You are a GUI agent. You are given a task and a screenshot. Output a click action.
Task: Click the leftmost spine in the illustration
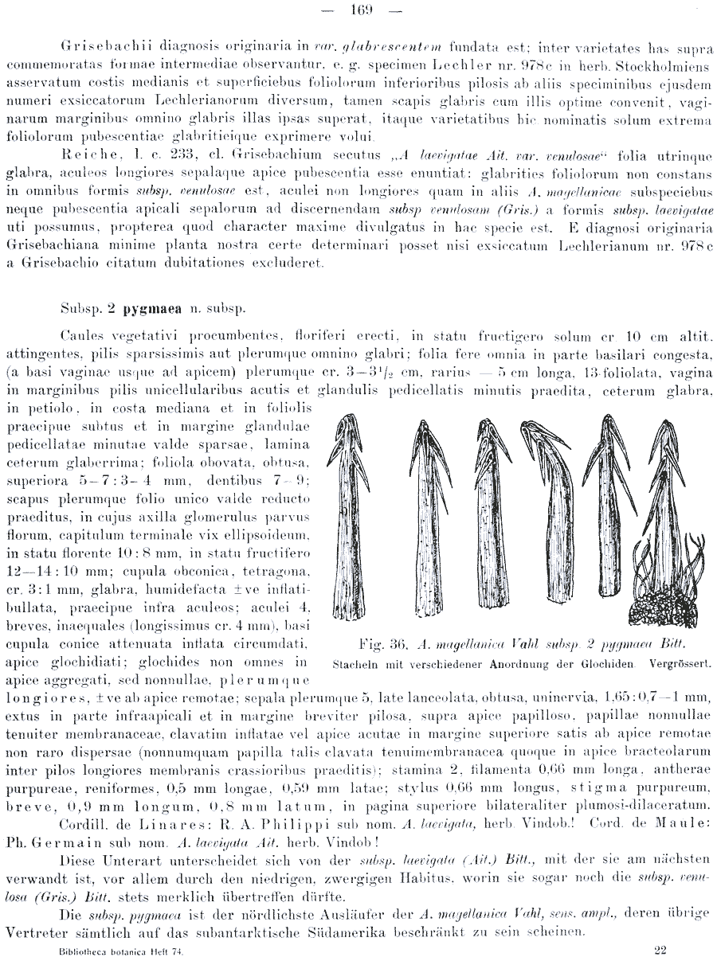tap(352, 510)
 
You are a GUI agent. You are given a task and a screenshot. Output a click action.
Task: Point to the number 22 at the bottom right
tap(660, 949)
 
